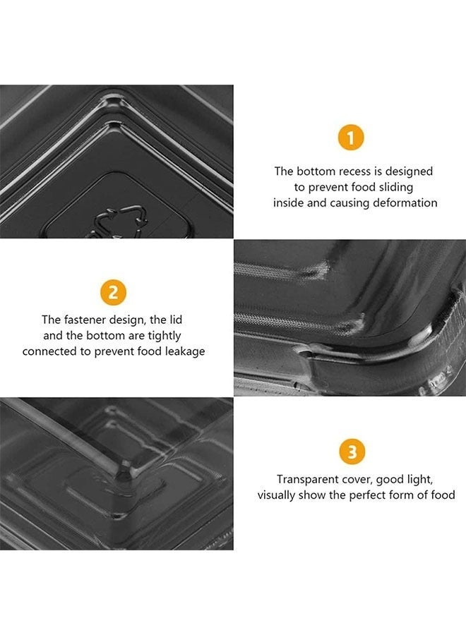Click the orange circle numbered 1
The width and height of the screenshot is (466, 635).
(x=351, y=138)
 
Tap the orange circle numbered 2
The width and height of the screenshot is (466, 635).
(x=113, y=292)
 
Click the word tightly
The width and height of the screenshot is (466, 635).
(x=164, y=336)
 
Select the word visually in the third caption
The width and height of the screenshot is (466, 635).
(x=276, y=495)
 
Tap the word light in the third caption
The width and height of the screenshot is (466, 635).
(x=420, y=480)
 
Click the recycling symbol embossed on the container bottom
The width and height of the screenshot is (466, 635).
(x=120, y=221)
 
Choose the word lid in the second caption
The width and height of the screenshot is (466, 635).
(x=176, y=320)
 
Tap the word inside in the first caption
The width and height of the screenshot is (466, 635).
(x=287, y=202)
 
